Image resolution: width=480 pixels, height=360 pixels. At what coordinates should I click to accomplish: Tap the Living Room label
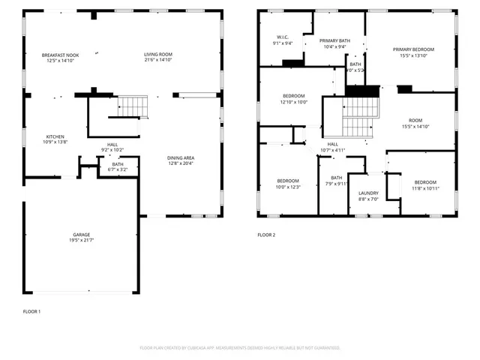pyautogui.click(x=158, y=55)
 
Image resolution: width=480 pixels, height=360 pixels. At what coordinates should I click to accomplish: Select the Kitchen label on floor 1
pyautogui.click(x=56, y=136)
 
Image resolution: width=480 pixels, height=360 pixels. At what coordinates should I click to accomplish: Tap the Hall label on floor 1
pyautogui.click(x=112, y=145)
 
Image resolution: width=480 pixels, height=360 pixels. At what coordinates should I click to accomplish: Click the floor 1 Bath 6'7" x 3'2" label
pyautogui.click(x=118, y=164)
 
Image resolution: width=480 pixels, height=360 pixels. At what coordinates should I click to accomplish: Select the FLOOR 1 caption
pyautogui.click(x=31, y=310)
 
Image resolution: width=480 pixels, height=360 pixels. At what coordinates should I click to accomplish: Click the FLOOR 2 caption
pyautogui.click(x=267, y=235)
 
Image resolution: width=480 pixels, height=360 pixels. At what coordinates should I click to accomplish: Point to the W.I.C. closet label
pyautogui.click(x=283, y=37)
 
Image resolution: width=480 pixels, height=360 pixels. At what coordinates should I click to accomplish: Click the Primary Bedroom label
pyautogui.click(x=413, y=49)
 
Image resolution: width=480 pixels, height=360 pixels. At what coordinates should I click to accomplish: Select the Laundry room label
pyautogui.click(x=368, y=193)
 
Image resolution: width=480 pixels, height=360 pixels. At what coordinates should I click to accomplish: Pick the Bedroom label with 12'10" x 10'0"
pyautogui.click(x=294, y=96)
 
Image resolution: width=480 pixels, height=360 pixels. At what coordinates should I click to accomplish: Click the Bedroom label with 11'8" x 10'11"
pyautogui.click(x=425, y=182)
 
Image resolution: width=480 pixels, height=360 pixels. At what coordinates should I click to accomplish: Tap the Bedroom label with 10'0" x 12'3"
pyautogui.click(x=288, y=181)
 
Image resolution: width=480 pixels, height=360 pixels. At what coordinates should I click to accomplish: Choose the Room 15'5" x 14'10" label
pyautogui.click(x=415, y=121)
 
